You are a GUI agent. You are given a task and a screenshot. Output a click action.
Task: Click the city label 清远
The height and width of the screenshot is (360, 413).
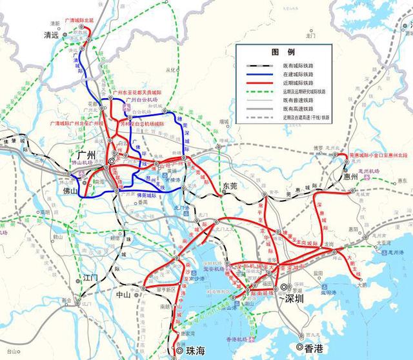50,35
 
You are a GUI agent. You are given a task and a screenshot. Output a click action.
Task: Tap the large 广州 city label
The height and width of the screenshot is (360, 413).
85,155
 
